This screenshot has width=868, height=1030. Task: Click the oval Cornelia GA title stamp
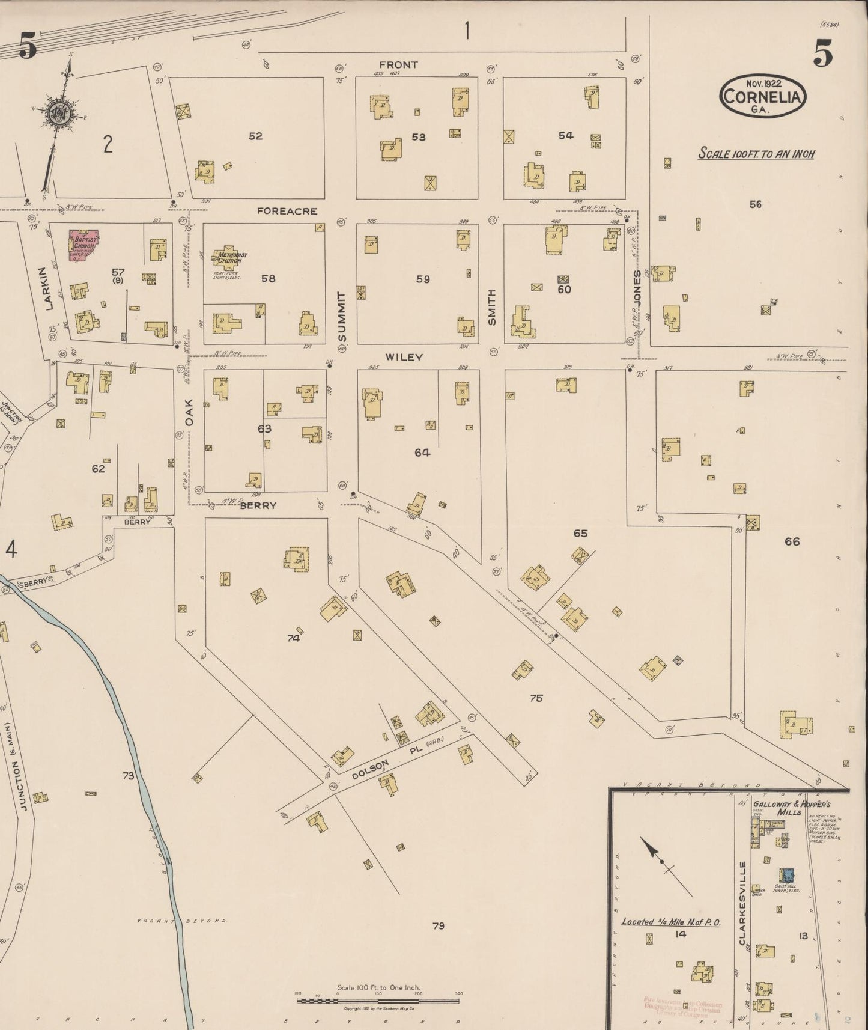(762, 96)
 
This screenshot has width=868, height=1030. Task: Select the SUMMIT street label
(342, 316)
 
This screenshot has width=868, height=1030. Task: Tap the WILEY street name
(404, 357)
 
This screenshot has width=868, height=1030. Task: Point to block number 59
(423, 279)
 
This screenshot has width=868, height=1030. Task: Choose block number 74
(293, 638)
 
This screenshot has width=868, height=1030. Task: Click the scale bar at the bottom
(378, 1001)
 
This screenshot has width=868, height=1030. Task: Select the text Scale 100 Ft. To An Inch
(756, 154)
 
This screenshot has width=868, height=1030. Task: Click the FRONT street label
(399, 64)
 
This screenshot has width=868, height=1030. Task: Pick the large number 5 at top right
(823, 55)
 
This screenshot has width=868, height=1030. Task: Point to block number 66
(792, 541)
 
